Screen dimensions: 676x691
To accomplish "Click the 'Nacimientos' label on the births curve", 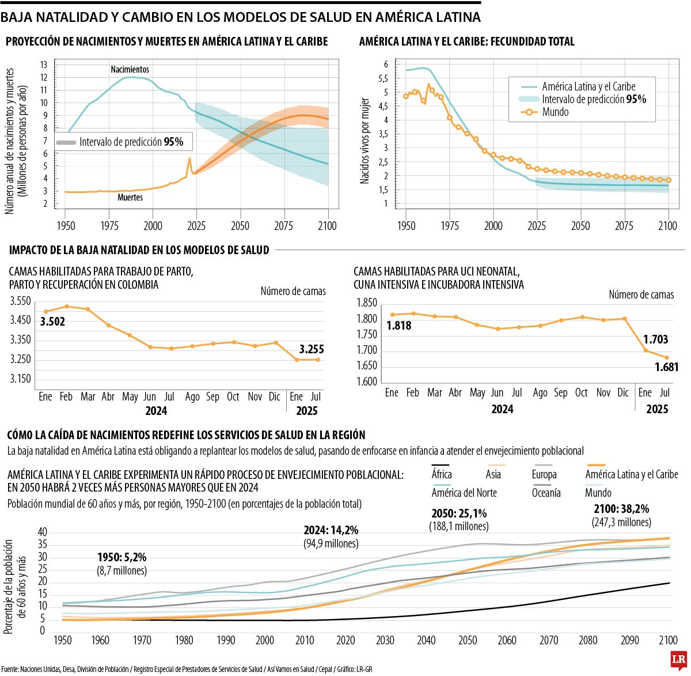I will coord(130,69).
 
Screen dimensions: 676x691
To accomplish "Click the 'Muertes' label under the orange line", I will coord(130,197).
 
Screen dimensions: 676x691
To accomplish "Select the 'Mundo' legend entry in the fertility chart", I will coord(555,112).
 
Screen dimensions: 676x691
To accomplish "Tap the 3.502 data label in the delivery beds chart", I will coord(52,322).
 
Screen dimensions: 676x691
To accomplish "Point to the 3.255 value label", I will coord(312,349).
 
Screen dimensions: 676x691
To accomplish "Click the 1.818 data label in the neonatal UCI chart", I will coord(398,326).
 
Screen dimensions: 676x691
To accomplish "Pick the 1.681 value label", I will coord(667,367).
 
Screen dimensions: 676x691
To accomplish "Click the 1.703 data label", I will coord(656,339).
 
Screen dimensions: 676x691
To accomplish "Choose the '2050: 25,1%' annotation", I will coord(459,513).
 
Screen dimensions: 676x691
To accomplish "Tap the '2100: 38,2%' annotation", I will coord(621,509).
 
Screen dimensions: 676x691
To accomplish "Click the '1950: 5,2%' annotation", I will coord(122,557).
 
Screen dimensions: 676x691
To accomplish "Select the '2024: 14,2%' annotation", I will coord(331,530).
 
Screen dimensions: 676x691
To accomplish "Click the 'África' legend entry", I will coord(442,474).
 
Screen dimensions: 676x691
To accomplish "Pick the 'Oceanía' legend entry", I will coord(546,493).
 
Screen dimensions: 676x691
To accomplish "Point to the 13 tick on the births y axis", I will coord(44,65).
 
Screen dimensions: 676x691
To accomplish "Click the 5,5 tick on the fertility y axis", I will coord(383,78).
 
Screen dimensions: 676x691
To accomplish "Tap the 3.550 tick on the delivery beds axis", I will coord(21,301).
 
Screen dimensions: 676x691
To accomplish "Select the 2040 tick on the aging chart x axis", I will coord(426,640).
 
